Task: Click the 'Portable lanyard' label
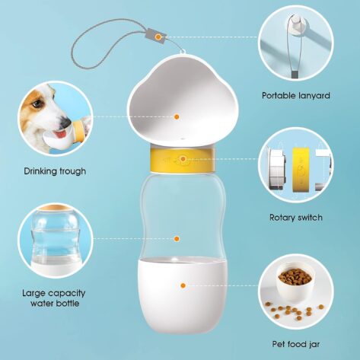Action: point(296,96)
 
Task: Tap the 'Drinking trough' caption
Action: point(55,171)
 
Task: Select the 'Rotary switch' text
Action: point(296,218)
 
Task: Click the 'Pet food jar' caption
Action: point(296,344)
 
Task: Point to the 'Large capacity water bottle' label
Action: point(54,298)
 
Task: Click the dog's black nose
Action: point(65,122)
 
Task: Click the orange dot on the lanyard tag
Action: point(158,37)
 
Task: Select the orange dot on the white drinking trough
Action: point(177,117)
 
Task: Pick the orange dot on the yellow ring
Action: point(183,159)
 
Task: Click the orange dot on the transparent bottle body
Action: point(177,239)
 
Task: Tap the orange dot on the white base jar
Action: point(183,285)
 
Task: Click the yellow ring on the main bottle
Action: point(183,161)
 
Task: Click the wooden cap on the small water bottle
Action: point(55,208)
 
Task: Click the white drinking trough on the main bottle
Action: point(183,101)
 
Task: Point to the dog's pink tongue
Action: point(61,134)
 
